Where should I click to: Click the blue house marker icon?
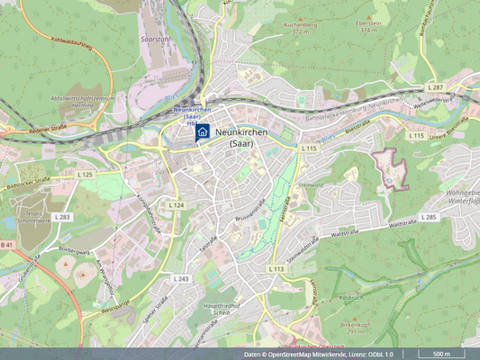click(x=203, y=132)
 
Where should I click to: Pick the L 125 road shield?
click(x=85, y=174)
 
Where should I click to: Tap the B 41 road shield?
click(x=7, y=245)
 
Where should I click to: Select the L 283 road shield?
click(x=62, y=217)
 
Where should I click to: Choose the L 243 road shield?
click(x=181, y=279)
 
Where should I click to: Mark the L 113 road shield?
click(x=276, y=268)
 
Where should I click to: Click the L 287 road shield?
click(x=436, y=86)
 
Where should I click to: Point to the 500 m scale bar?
click(x=441, y=354)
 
